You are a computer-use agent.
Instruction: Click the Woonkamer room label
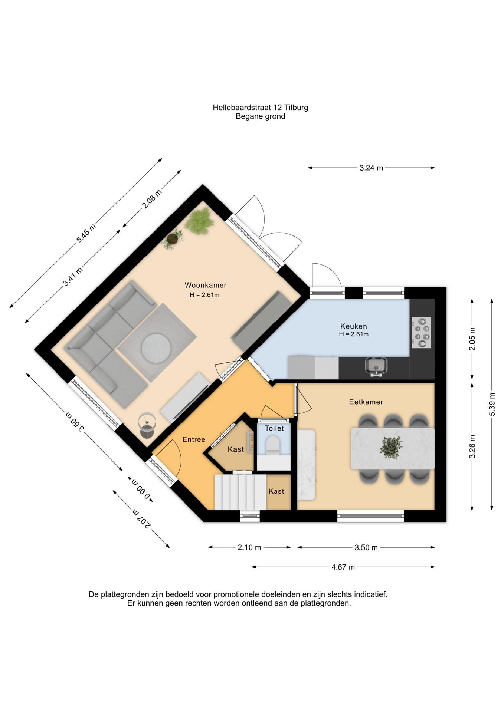click(205, 285)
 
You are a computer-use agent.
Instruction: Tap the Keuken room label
click(353, 326)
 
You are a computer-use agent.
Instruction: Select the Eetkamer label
click(366, 402)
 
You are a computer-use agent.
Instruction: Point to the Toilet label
click(274, 428)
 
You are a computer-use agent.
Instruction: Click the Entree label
click(194, 439)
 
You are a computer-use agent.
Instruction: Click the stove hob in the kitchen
click(421, 332)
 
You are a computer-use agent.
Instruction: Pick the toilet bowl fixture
click(274, 445)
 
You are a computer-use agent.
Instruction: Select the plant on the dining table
click(391, 448)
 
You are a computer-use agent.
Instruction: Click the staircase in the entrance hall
click(240, 492)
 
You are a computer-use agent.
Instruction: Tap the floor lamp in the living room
click(147, 425)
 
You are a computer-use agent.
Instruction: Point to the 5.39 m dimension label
click(492, 404)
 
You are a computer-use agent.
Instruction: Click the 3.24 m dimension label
click(371, 168)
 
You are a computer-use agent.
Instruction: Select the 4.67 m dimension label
click(343, 567)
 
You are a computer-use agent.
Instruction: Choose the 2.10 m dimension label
click(249, 547)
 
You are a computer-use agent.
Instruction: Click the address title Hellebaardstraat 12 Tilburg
click(261, 108)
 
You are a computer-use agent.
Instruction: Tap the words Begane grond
click(261, 116)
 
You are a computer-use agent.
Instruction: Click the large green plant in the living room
click(199, 221)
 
